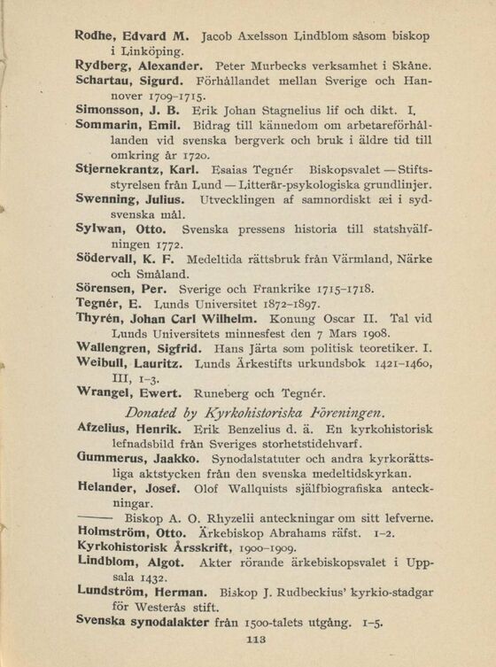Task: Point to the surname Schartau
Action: [x=104, y=81]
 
